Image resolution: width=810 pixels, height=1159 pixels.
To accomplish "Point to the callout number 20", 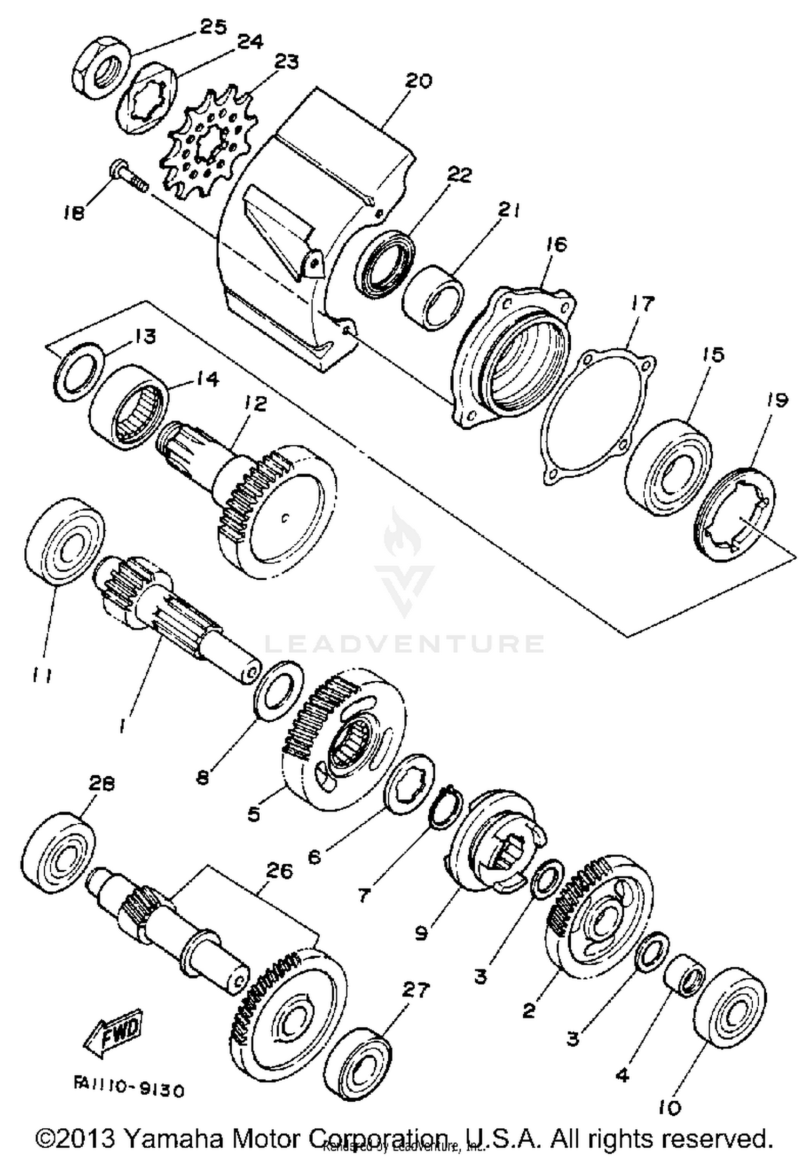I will [x=418, y=81].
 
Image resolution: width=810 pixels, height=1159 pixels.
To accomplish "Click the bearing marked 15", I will [x=669, y=467].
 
